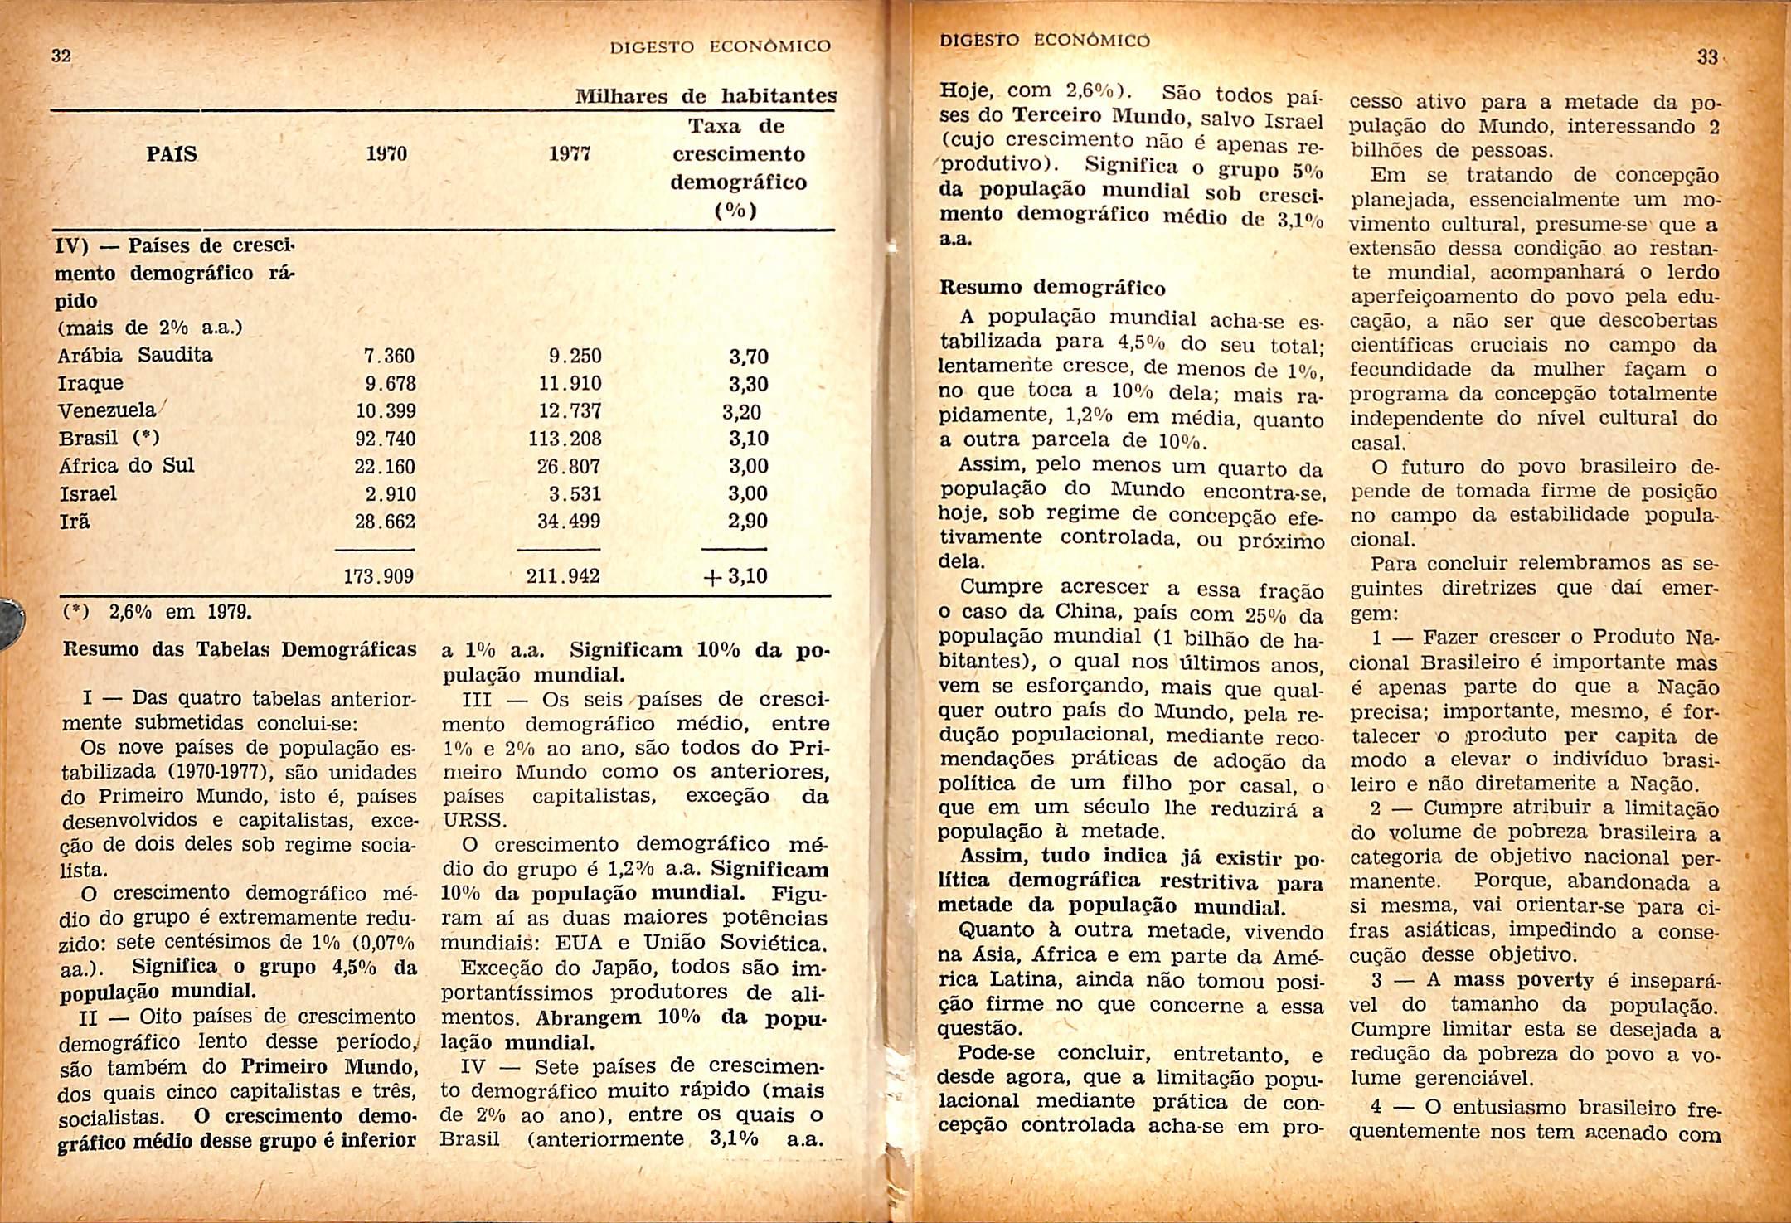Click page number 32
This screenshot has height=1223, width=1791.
point(60,56)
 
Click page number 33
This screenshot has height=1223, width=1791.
point(1707,57)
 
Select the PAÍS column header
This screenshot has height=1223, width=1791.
point(172,154)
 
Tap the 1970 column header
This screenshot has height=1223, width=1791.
point(387,154)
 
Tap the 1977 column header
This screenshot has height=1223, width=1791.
point(570,154)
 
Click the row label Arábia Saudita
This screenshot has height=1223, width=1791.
point(135,356)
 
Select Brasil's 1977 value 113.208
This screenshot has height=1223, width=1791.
point(565,439)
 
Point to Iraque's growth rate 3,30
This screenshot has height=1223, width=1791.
point(748,385)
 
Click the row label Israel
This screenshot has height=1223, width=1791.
point(88,494)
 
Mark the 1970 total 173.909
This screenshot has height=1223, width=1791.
point(379,575)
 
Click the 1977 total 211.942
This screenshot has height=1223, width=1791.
point(563,575)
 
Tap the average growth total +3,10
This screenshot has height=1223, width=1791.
point(735,575)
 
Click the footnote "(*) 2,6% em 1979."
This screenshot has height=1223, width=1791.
point(155,613)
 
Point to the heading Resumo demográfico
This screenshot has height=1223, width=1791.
point(1052,289)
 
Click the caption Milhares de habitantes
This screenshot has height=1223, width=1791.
point(706,98)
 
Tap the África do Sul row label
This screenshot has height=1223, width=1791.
point(127,466)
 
